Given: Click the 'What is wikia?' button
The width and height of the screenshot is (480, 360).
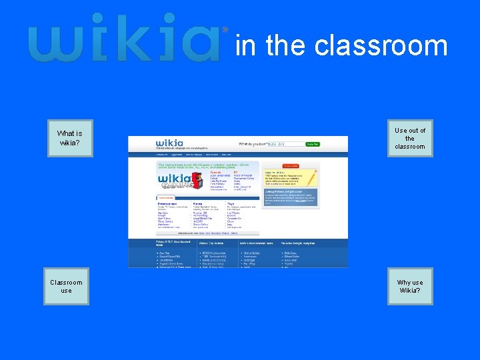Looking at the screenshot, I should (70, 138).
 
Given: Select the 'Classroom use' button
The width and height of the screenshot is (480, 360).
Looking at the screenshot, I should (66, 286).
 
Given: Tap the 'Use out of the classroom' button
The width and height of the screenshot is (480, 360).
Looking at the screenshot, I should (410, 139).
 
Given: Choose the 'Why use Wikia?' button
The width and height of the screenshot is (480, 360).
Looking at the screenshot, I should (410, 286).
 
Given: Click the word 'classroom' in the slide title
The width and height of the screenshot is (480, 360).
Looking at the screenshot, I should (381, 45).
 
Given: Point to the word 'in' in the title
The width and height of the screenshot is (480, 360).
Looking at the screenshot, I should (245, 45).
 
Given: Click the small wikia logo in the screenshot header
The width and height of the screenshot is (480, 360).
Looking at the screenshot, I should (170, 143).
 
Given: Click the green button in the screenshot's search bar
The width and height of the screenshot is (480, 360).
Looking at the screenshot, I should (312, 144).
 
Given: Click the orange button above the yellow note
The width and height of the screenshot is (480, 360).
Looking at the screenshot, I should (291, 165).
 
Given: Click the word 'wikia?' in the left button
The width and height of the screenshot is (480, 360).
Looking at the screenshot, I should (70, 143).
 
